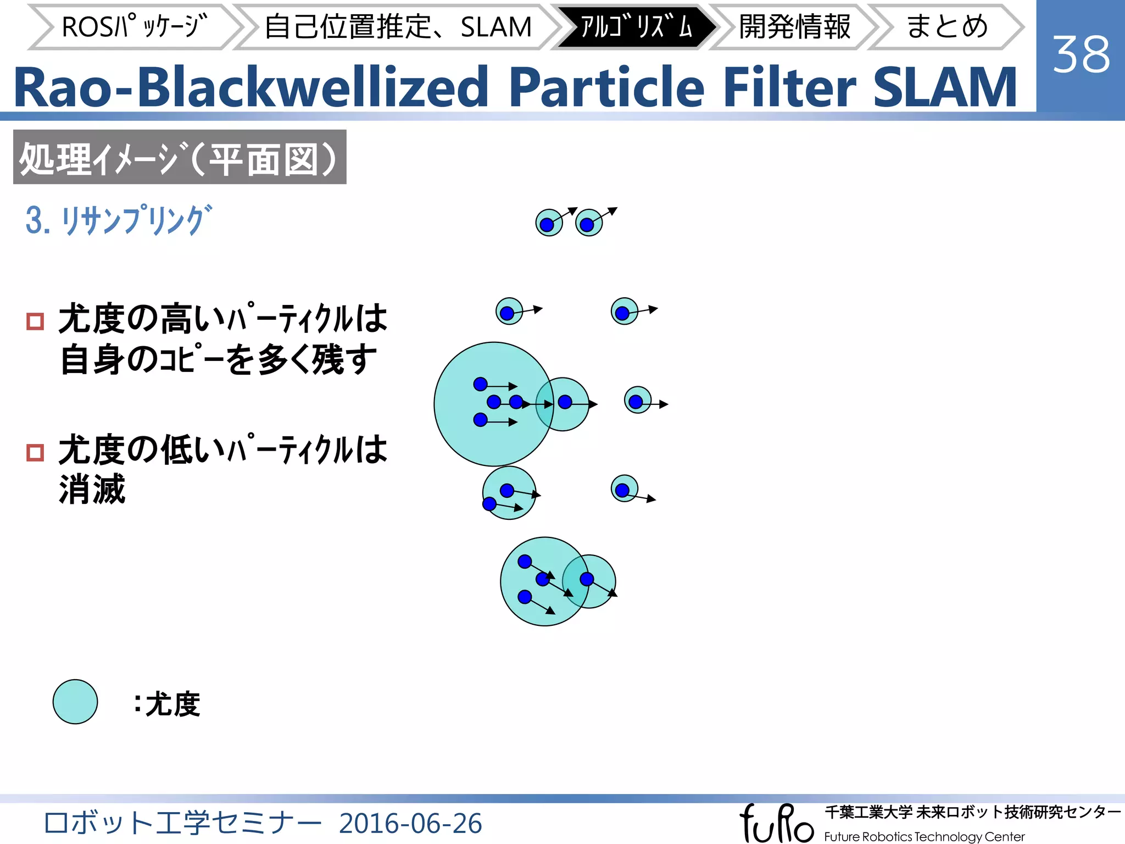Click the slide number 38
(1081, 54)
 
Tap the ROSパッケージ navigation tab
(134, 26)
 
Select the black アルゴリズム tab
(636, 26)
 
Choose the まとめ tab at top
(946, 26)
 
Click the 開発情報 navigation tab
(794, 26)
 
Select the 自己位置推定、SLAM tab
(398, 26)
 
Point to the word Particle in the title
(606, 88)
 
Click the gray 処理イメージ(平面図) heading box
(180, 157)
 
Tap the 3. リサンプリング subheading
(119, 220)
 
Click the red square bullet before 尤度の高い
(35, 321)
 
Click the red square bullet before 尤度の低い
(35, 452)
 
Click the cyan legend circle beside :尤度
(75, 702)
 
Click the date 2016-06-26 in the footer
(410, 823)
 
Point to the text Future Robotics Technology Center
(924, 836)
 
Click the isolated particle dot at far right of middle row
(636, 402)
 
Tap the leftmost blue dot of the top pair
(547, 224)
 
